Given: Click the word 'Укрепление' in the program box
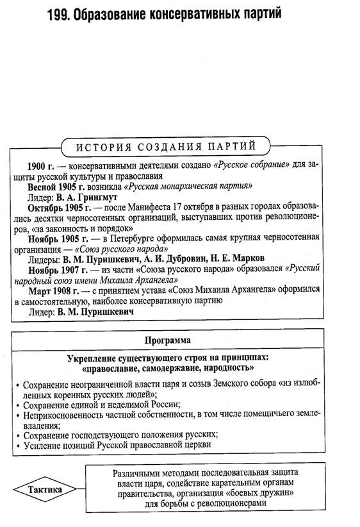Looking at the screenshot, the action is [95, 357].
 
